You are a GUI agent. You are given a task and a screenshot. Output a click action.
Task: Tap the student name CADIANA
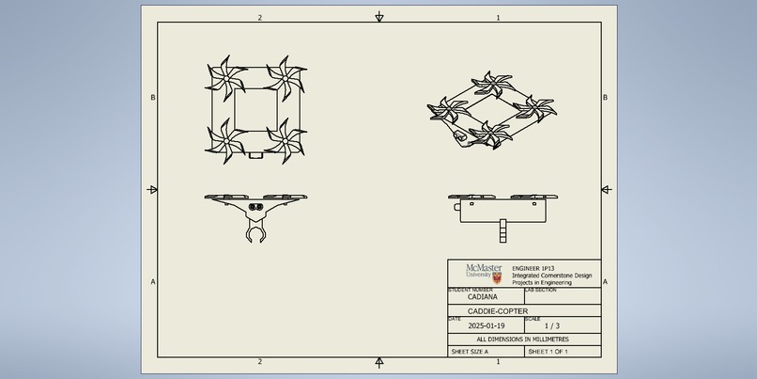483,297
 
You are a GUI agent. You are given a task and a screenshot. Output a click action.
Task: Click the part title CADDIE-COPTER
498,311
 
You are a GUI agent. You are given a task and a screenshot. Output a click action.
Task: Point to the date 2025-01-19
487,325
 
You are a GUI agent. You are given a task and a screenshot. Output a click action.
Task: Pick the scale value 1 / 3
552,325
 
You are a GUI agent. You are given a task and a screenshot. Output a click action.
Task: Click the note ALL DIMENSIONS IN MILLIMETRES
522,339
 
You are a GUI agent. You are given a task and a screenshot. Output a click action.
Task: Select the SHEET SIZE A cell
470,351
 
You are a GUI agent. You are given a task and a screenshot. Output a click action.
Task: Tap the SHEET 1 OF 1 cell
548,351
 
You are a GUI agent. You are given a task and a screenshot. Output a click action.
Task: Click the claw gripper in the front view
255,229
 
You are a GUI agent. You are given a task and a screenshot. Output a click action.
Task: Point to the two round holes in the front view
255,205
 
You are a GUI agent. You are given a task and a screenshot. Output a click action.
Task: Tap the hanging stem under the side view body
502,229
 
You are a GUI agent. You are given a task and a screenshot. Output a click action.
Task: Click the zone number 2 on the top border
260,18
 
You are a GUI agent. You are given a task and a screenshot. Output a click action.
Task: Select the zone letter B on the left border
153,98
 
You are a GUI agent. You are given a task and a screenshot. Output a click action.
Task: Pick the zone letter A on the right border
605,281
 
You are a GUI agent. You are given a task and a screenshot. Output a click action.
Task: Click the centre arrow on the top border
379,17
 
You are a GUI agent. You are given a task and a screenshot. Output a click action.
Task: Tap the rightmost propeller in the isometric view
539,105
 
